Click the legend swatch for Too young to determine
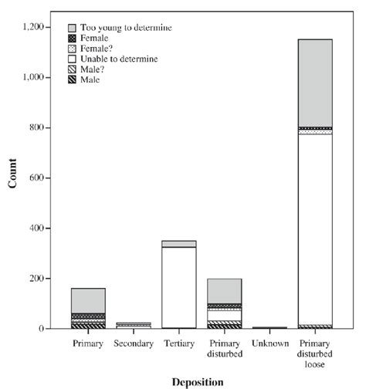click(73, 28)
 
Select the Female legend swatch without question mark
click(73, 38)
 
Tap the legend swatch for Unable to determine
click(73, 59)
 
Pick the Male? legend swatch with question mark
click(73, 69)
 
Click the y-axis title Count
click(13, 178)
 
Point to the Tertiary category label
click(178, 343)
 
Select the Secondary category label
click(134, 343)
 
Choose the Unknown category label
click(269, 343)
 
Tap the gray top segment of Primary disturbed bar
click(224, 290)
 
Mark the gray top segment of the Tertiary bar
click(178, 244)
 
